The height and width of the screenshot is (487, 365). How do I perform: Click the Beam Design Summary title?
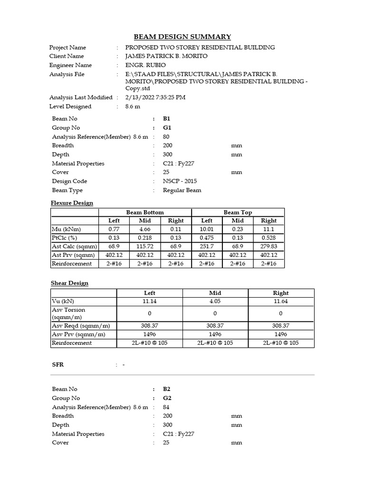[182, 37]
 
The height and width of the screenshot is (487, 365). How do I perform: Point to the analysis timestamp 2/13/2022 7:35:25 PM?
[155, 97]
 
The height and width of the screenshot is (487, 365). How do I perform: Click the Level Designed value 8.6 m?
[133, 107]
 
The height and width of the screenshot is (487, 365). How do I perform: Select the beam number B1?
[166, 118]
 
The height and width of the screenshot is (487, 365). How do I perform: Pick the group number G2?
[166, 398]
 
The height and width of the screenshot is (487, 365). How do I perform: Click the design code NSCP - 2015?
[180, 181]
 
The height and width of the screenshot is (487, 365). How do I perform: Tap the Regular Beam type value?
[182, 190]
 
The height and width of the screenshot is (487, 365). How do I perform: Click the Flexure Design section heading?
[72, 203]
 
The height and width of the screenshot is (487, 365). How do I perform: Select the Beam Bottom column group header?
[144, 212]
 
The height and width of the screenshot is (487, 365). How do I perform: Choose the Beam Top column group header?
[238, 212]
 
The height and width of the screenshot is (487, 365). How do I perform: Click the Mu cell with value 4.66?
[144, 229]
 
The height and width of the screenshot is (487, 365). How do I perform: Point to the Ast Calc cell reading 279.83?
[269, 246]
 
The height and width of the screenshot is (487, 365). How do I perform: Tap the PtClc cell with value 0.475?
[207, 238]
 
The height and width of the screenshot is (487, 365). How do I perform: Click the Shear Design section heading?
[70, 283]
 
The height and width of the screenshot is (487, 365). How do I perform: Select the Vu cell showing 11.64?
[280, 301]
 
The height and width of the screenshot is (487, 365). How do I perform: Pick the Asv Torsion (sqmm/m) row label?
[69, 313]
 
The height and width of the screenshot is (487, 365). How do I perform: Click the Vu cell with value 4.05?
[215, 301]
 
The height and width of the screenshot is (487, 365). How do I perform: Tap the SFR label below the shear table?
[58, 365]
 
